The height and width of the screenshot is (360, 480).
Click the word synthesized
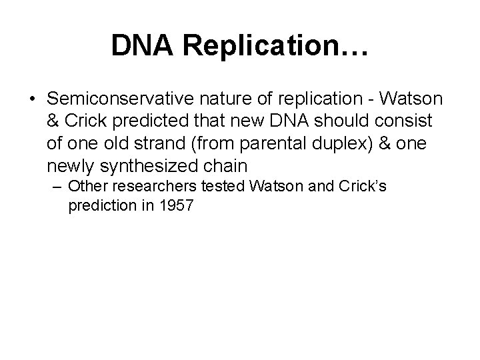[x=149, y=165]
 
